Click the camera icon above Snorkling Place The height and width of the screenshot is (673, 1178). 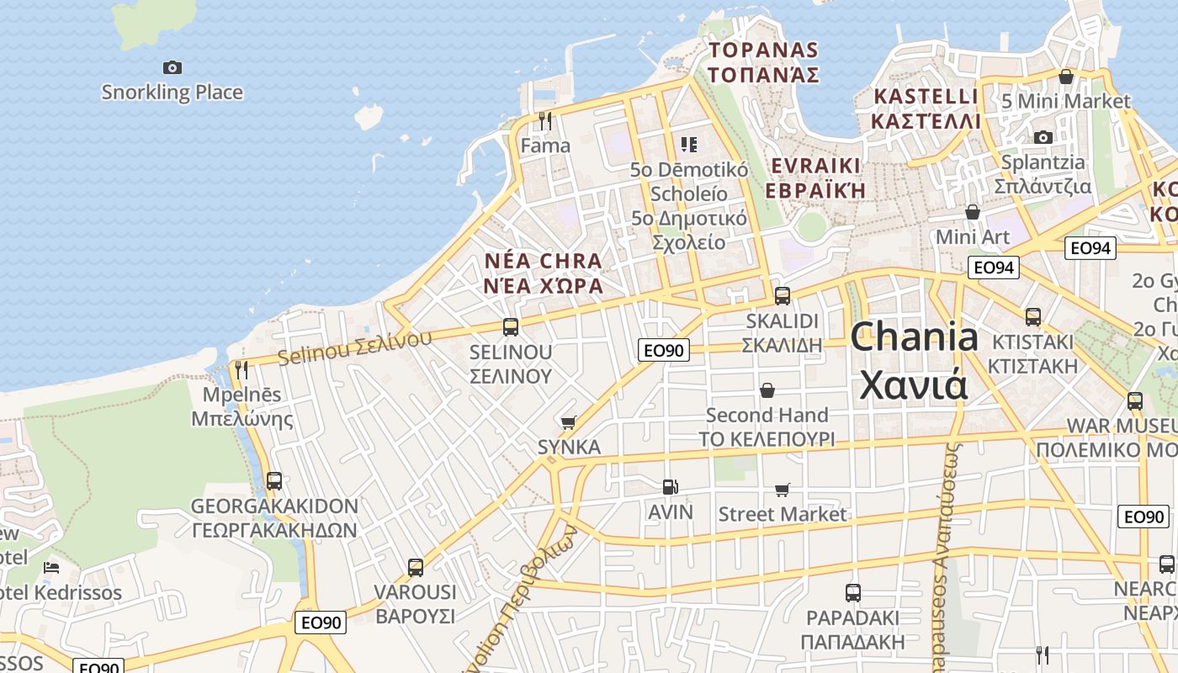pyautogui.click(x=172, y=67)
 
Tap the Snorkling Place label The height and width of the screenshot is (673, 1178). pyautogui.click(x=172, y=93)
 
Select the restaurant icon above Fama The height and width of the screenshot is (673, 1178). pyautogui.click(x=545, y=121)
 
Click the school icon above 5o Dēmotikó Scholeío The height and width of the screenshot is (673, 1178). pyautogui.click(x=689, y=145)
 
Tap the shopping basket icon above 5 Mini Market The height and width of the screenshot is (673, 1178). pyautogui.click(x=1066, y=77)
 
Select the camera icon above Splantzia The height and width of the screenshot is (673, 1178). pyautogui.click(x=1043, y=137)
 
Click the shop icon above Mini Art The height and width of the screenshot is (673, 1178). pyautogui.click(x=973, y=212)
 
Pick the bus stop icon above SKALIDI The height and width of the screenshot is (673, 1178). pyautogui.click(x=783, y=296)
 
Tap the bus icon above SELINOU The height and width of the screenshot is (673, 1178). pyautogui.click(x=511, y=327)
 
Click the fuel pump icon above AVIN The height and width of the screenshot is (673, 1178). pyautogui.click(x=670, y=487)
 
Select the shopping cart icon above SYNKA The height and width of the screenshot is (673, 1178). pyautogui.click(x=569, y=422)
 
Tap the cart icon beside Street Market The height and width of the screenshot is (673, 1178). pyautogui.click(x=783, y=490)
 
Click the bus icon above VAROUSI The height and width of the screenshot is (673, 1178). pyautogui.click(x=416, y=568)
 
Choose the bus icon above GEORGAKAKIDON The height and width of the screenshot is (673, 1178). pyautogui.click(x=274, y=481)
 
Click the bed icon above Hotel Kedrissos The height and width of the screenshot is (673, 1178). pyautogui.click(x=51, y=568)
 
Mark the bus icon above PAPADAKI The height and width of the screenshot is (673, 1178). pyautogui.click(x=853, y=593)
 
